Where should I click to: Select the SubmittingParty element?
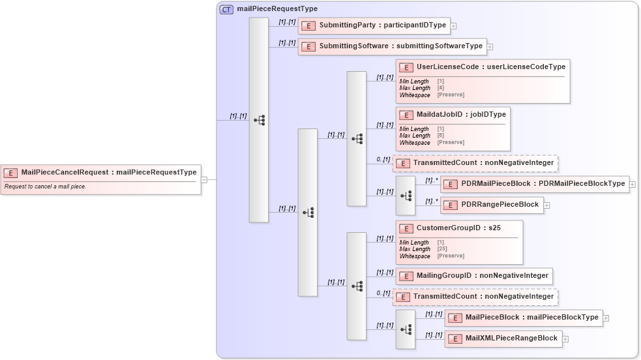tap(374, 25)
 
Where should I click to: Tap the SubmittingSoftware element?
tap(392, 46)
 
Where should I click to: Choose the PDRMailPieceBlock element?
tap(535, 184)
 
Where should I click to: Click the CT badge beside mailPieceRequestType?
tap(226, 9)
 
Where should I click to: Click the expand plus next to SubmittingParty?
tap(453, 26)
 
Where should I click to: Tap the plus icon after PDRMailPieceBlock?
tap(633, 185)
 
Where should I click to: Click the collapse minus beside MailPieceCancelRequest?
tap(204, 179)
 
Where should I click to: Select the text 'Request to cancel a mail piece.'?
tap(46, 187)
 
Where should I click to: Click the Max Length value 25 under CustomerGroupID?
tap(441, 249)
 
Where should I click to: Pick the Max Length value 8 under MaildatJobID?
tap(440, 136)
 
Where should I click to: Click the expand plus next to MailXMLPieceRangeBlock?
tap(565, 339)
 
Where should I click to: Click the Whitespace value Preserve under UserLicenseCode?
tap(451, 95)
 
